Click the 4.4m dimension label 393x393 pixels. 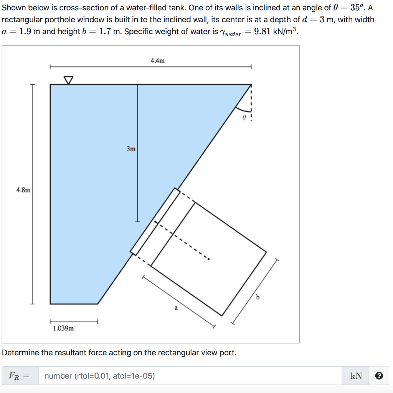coord(157,61)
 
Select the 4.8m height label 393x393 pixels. coord(23,190)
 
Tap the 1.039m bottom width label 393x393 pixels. coord(63,328)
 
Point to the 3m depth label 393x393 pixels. coord(131,149)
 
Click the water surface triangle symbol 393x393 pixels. coord(68,80)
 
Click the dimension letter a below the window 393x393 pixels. coord(176,307)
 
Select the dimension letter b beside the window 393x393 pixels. coord(258,297)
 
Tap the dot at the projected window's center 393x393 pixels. coord(208,259)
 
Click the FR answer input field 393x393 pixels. coord(190,376)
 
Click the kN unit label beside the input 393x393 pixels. coord(356,376)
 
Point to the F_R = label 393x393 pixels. coord(19,376)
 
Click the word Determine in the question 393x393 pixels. coord(21,352)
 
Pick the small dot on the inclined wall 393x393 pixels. coord(155,222)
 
